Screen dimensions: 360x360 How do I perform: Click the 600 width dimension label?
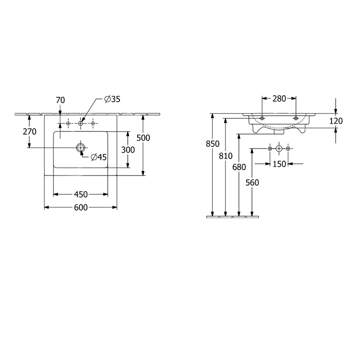click(x=81, y=207)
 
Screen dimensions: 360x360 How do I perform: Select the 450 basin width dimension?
click(x=81, y=194)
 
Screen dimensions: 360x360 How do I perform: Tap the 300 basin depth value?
click(x=128, y=150)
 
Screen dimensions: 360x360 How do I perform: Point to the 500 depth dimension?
click(x=143, y=138)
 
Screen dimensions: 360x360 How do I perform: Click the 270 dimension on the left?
click(x=30, y=131)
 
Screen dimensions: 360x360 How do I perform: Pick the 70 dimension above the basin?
click(x=60, y=100)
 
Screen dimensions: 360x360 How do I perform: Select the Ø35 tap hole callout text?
click(x=112, y=99)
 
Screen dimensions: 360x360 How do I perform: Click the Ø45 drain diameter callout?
click(x=99, y=157)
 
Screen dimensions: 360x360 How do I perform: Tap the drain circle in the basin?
click(x=81, y=148)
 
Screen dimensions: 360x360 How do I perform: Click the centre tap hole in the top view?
click(x=81, y=123)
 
